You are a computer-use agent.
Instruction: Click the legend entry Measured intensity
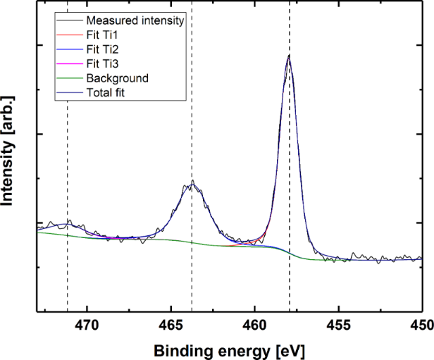[x=135, y=20]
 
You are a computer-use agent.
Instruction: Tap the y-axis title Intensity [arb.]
[x=10, y=156]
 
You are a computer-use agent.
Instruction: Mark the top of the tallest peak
[x=289, y=55]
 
